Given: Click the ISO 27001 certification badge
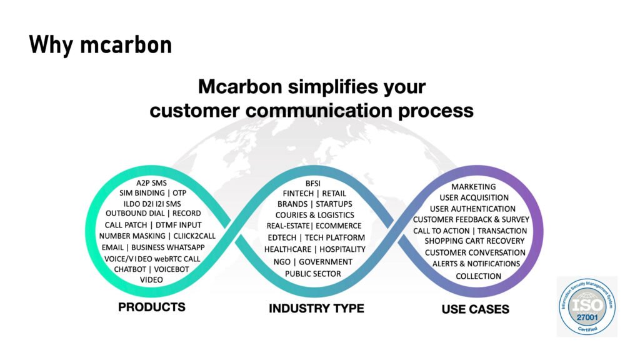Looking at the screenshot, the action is click(587, 306).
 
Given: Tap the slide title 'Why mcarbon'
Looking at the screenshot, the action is click(101, 45).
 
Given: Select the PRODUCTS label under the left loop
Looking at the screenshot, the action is click(152, 307).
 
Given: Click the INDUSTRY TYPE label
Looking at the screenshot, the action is click(316, 308).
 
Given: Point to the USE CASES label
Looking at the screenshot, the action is click(476, 309).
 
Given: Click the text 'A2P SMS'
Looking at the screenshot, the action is click(151, 183).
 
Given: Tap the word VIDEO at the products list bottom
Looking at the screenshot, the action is click(151, 280).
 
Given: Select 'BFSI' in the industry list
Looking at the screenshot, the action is click(313, 184).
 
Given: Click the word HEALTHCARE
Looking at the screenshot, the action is click(287, 249).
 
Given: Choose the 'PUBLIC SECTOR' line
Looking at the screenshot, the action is click(313, 274).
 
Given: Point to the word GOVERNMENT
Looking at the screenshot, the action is click(326, 262).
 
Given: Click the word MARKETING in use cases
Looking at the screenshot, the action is click(474, 187).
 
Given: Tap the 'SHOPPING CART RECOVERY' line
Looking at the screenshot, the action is click(474, 241).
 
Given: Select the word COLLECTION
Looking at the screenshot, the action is click(478, 276).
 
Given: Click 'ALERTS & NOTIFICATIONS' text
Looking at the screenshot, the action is click(476, 264).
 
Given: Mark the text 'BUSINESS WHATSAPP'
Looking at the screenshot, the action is click(167, 247).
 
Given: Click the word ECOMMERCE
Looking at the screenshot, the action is click(338, 226).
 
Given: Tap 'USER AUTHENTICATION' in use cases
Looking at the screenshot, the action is click(472, 209).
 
